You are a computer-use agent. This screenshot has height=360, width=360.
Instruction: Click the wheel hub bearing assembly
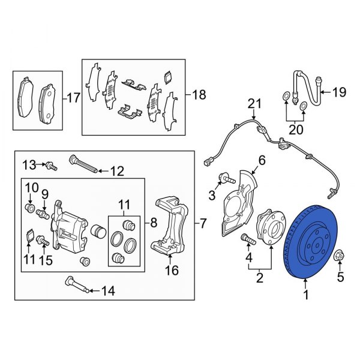(267, 232)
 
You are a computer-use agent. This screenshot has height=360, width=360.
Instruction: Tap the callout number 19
(340, 92)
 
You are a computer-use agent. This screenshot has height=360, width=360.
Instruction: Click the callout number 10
(31, 187)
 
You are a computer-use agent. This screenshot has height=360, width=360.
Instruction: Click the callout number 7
(203, 224)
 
